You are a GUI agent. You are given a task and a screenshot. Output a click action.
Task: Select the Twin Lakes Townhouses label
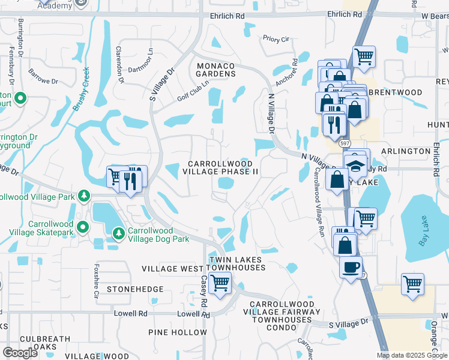pyautogui.click(x=237, y=263)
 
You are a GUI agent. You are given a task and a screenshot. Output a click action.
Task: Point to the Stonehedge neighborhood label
pyautogui.click(x=135, y=289)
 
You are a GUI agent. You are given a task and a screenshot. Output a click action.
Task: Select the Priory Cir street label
pyautogui.click(x=276, y=39)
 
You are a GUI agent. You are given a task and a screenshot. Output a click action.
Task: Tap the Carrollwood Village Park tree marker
pyautogui.click(x=85, y=195)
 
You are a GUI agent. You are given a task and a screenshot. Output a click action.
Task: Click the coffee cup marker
pyautogui.click(x=351, y=266)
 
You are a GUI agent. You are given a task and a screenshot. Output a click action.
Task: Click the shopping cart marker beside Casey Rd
pyautogui.click(x=220, y=281)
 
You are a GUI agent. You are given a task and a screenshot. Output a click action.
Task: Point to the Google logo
pyautogui.click(x=20, y=352)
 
